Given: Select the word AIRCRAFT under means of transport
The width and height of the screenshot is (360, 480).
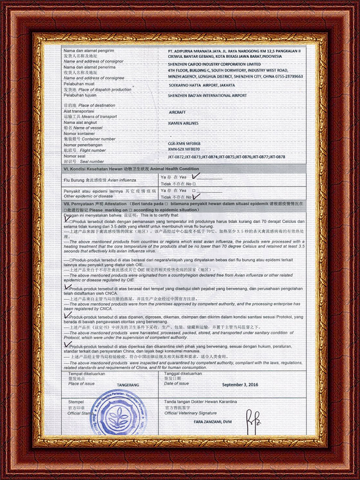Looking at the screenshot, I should click(177, 113).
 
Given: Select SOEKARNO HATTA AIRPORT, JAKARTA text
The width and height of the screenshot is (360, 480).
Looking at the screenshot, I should click(202, 85).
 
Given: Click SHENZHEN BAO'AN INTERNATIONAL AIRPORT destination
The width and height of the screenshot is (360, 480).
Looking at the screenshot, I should click(207, 95).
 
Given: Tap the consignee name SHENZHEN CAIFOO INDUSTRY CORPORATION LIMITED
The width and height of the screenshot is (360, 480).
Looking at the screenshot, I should click(214, 64).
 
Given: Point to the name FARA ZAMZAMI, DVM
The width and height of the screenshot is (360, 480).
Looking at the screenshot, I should click(213, 422).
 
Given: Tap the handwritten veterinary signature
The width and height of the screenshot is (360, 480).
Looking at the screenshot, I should click(250, 417).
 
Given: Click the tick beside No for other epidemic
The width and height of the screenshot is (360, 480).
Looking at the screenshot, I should click(202, 196).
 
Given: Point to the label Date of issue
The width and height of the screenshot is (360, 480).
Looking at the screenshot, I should click(176, 383).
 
